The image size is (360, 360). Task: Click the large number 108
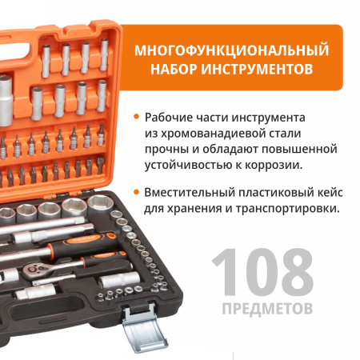(264, 273)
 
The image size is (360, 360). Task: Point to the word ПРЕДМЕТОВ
(264, 308)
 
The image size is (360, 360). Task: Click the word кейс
(331, 192)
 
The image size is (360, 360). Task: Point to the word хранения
(197, 210)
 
